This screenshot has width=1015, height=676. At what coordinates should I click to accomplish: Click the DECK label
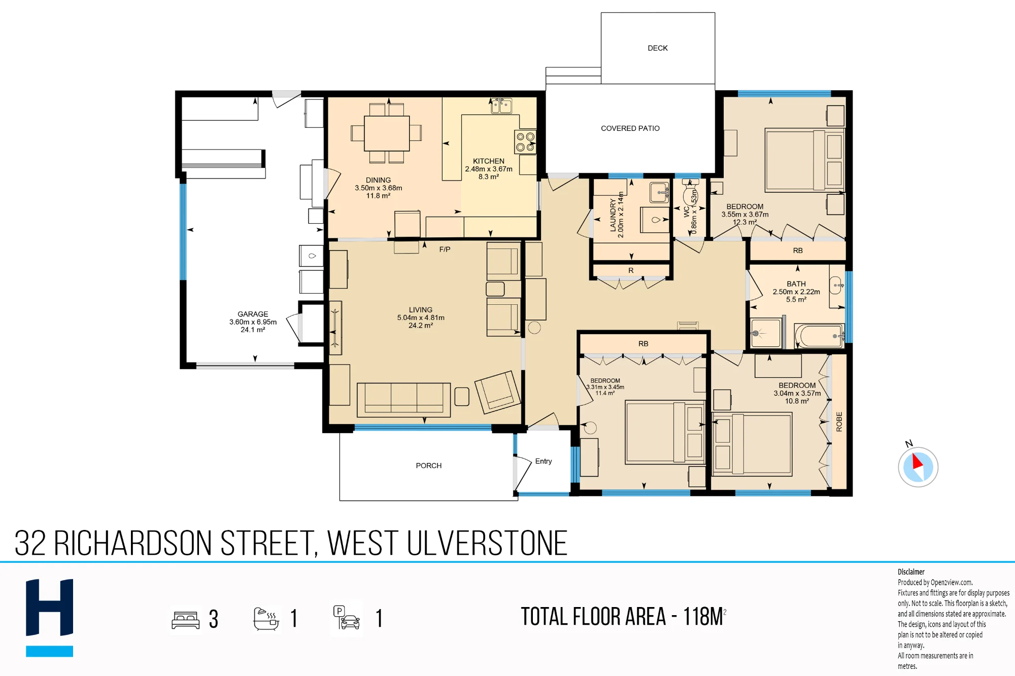(657, 48)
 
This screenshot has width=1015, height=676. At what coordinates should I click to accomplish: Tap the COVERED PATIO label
(630, 128)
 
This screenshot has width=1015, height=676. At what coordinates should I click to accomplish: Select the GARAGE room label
(253, 314)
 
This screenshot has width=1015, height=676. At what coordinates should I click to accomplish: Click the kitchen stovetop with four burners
(525, 142)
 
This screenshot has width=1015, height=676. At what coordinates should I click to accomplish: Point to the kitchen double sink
(501, 106)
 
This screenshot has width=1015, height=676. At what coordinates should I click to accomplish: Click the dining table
(387, 133)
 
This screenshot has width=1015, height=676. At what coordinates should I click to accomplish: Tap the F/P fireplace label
(445, 249)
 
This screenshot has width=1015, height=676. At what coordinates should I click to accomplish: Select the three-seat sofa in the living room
(403, 400)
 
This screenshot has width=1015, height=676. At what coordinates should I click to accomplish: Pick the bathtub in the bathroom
(820, 336)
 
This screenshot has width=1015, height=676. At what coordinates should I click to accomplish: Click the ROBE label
(839, 421)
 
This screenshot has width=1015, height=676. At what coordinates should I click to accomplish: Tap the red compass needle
(917, 461)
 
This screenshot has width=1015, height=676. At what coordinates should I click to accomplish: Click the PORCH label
(429, 466)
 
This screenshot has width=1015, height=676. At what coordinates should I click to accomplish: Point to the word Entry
(543, 461)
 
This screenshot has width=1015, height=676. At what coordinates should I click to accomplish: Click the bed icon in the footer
(186, 620)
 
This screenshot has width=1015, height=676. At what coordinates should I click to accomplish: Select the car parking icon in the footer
(347, 618)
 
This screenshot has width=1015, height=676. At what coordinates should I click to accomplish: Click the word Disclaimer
(911, 572)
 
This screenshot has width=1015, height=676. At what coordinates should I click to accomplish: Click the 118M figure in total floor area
(703, 617)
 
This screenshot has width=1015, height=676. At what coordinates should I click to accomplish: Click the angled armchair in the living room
(497, 392)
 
